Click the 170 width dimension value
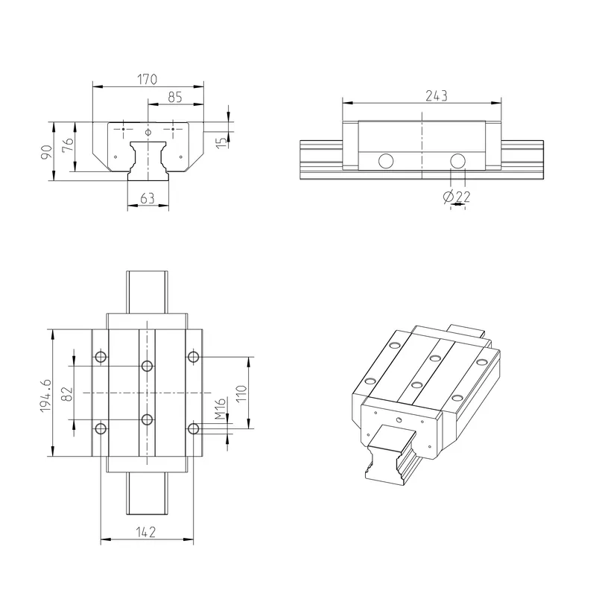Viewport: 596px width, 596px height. pos(147,80)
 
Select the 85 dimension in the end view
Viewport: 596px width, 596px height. pos(175,98)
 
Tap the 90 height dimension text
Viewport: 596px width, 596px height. pos(46,152)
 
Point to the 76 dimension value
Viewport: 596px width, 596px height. pos(68,145)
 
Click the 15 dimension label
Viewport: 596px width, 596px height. pos(221,142)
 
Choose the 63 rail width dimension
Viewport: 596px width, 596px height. pos(148,198)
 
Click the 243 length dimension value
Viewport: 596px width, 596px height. pos(437,96)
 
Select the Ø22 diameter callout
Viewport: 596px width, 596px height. pos(457,197)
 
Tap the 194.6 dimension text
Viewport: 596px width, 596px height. pos(45,396)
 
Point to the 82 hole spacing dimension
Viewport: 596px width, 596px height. pos(67,394)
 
